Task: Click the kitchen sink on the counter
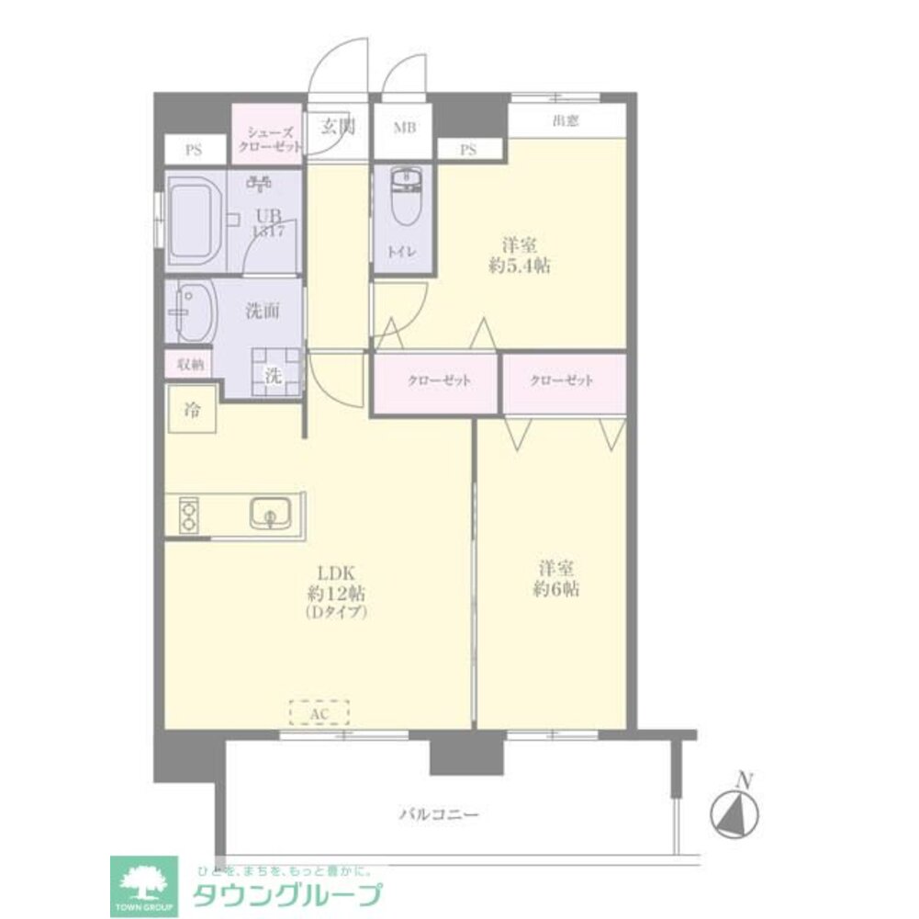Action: pos(271,514)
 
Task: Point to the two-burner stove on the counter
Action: pos(187,514)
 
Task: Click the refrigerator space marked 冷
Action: pos(191,410)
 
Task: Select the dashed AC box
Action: pos(319,712)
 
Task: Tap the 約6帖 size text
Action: pos(558,589)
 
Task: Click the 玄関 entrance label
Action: pos(337,128)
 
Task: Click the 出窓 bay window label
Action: pos(566,120)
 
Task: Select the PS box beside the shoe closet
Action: pos(194,151)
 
